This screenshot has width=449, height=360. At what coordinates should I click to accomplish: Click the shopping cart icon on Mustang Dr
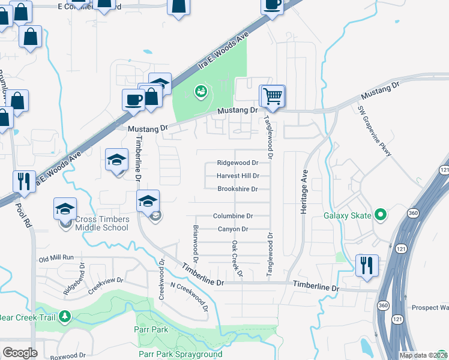pos(273,96)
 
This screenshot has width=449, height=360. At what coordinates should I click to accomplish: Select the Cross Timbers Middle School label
pos(101,223)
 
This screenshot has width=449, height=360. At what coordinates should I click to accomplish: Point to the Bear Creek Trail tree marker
pos(65,316)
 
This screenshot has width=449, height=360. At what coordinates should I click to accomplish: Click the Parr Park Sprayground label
pos(180,354)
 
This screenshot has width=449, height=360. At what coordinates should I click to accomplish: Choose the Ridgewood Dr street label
pos(237,163)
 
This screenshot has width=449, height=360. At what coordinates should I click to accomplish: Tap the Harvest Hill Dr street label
pos(238,176)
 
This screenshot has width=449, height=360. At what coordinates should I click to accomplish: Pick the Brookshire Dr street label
pos(237,189)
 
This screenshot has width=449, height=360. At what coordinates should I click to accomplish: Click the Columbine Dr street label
pos(233,216)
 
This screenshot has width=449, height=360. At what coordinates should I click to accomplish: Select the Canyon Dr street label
pos(232,229)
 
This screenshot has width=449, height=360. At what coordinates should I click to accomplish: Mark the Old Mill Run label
pos(56,257)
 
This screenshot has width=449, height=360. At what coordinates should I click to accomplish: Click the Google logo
pos(20,352)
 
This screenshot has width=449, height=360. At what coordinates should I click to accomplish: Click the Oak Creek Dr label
pos(235,259)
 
